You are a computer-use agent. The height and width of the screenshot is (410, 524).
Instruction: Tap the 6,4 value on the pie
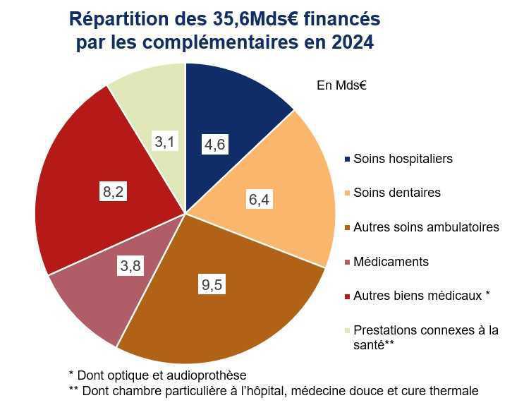[260, 200]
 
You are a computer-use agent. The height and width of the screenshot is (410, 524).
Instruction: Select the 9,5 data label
[211, 286]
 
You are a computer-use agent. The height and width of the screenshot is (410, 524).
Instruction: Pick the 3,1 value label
[164, 142]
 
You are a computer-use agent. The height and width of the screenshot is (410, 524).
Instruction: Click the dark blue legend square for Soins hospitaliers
[346, 159]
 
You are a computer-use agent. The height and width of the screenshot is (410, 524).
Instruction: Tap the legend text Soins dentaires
[396, 193]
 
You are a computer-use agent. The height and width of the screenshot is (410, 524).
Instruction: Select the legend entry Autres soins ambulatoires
[426, 227]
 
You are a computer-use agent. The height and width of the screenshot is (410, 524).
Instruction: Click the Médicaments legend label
[391, 262]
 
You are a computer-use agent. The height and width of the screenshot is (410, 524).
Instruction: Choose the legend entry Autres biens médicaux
[421, 296]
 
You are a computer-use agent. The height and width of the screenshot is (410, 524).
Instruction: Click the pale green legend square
[346, 330]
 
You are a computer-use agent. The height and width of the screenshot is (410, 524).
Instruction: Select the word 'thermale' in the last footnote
[456, 391]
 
